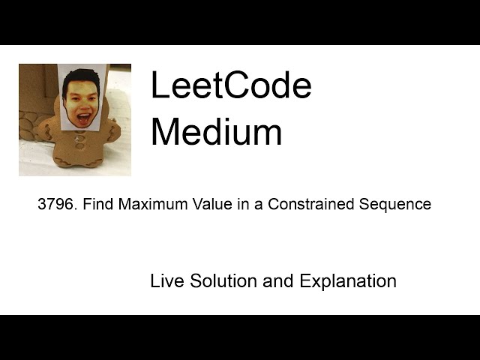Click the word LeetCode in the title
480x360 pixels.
pyautogui.click(x=230, y=86)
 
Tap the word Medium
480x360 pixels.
pyautogui.click(x=216, y=132)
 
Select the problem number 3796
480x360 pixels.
pyautogui.click(x=57, y=204)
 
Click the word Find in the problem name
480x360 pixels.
pyautogui.click(x=97, y=204)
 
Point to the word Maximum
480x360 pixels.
pyautogui.click(x=150, y=204)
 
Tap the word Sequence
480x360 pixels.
pyautogui.click(x=394, y=204)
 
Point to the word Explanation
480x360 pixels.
pyautogui.click(x=348, y=282)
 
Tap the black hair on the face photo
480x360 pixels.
pyautogui.click(x=81, y=77)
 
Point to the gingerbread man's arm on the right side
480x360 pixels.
pyautogui.click(x=112, y=131)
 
